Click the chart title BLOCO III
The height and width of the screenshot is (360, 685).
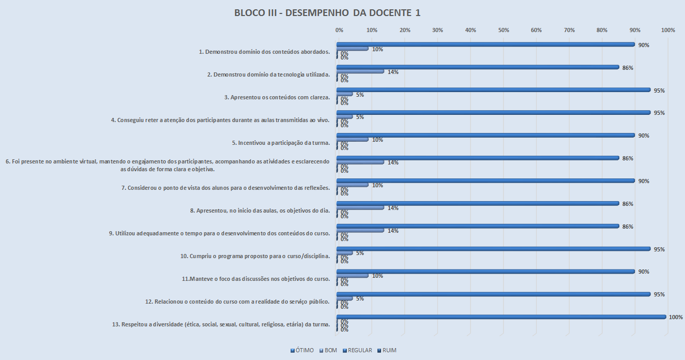327,13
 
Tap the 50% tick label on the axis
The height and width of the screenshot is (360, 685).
504,31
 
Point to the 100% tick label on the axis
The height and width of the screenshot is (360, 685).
668,31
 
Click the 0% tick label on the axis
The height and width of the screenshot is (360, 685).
340,31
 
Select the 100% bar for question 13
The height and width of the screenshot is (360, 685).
501,317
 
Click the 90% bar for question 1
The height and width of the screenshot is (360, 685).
486,44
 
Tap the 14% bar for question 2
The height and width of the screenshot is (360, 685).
360,71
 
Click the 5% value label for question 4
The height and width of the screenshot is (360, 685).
360,117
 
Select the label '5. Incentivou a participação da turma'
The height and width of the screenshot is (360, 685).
281,142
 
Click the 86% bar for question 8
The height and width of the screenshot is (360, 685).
478,203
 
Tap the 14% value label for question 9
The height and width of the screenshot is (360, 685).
393,231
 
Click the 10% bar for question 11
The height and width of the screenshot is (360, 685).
353,276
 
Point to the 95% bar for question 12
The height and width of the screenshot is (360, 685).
494,294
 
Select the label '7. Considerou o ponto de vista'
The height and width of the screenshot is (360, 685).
225,188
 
